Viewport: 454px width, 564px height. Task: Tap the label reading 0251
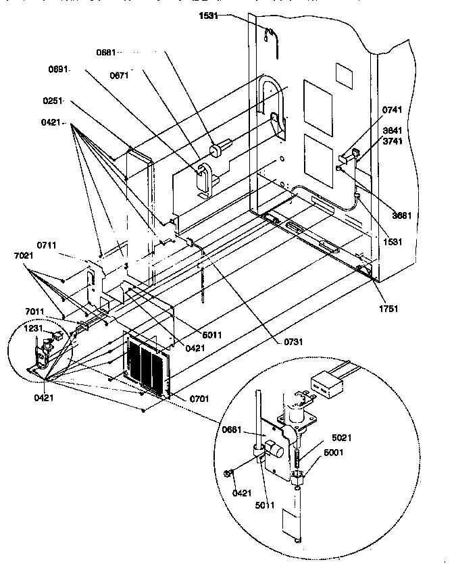(53, 101)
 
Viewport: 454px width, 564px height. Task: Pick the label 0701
(199, 398)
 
